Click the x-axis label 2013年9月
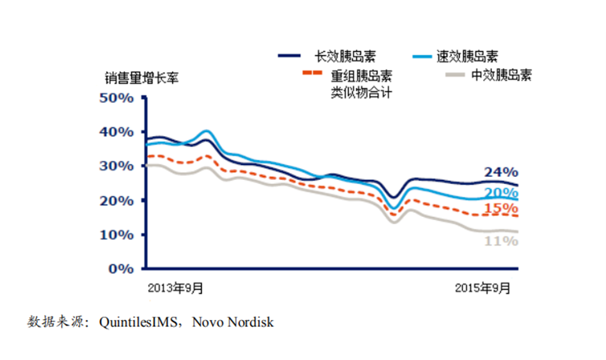[177, 288]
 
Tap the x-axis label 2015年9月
[483, 288]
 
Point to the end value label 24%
[501, 172]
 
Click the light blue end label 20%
[501, 193]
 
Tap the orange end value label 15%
[501, 208]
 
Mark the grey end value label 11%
[501, 241]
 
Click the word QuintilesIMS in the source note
[137, 322]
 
